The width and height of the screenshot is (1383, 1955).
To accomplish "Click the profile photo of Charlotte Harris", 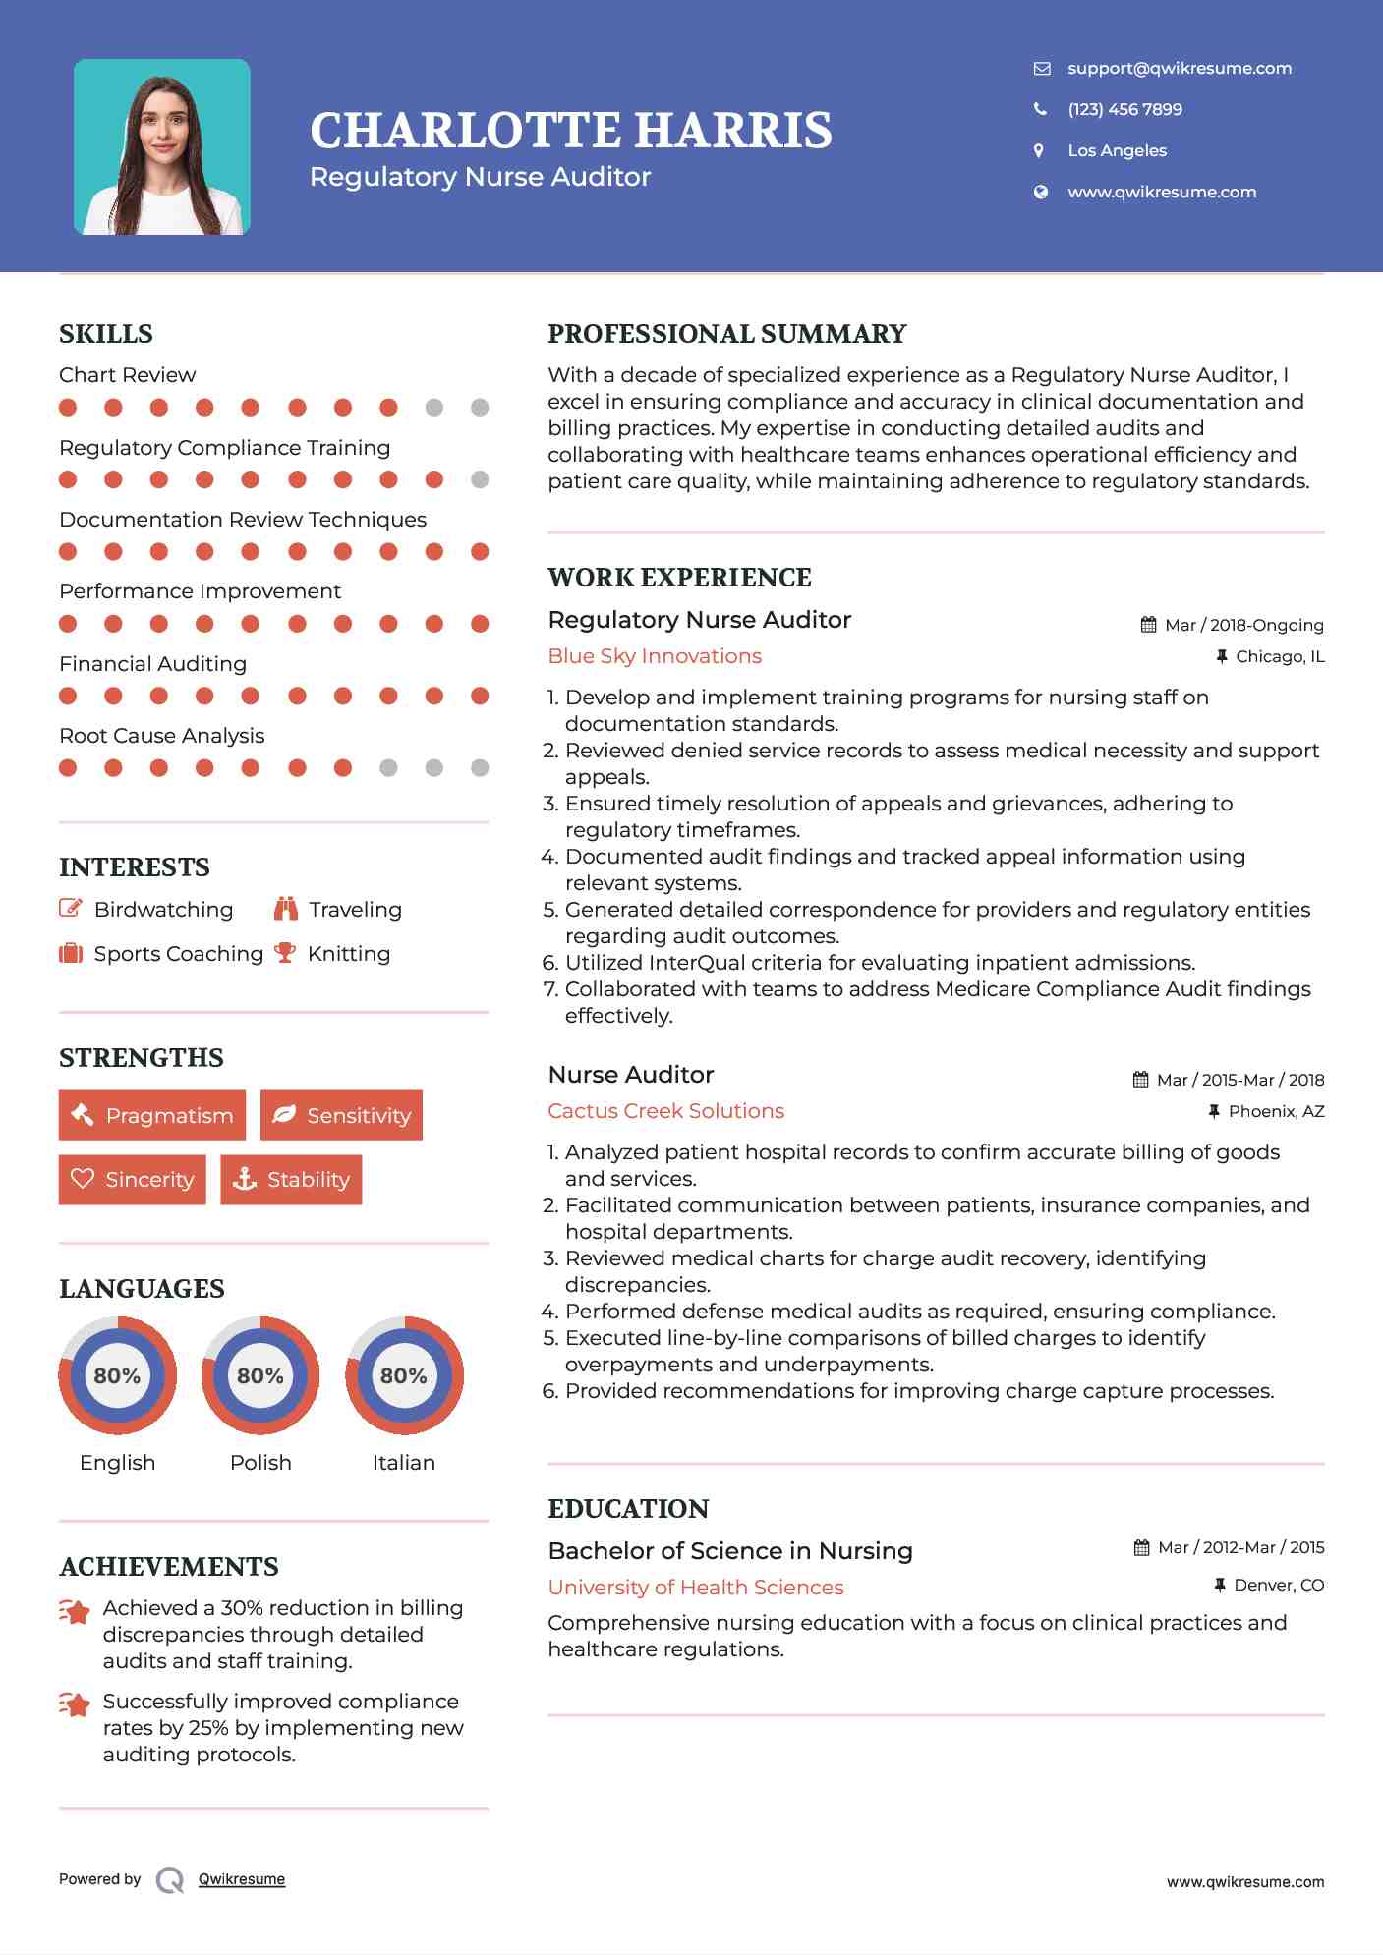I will click(162, 147).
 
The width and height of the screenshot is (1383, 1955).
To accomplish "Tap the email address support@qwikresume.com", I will click(1179, 68).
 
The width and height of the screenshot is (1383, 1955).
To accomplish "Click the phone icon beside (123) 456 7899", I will click(1040, 109).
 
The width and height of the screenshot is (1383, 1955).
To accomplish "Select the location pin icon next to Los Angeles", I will click(1040, 150).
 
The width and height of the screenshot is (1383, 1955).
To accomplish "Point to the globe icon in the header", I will click(1040, 192).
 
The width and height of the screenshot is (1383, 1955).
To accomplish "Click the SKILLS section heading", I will click(106, 334).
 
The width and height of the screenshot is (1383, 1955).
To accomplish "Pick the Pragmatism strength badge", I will click(152, 1115).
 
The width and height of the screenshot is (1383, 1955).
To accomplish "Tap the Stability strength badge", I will click(291, 1179).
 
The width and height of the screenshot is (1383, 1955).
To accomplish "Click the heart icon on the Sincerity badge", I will click(83, 1179).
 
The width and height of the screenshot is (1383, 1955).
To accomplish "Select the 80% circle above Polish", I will click(260, 1375).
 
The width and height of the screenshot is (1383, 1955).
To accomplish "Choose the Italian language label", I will click(403, 1462).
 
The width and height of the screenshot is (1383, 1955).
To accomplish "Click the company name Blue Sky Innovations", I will click(655, 656).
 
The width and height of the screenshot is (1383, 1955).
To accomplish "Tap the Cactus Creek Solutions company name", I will click(665, 1111).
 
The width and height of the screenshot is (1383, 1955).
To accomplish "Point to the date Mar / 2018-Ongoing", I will click(1243, 625).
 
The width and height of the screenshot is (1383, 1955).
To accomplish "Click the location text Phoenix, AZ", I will click(1276, 1111).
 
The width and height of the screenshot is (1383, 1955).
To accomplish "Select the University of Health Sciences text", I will click(696, 1588).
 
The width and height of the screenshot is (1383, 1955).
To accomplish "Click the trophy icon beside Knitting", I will click(285, 953).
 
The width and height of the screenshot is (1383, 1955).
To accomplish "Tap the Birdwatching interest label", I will click(163, 910).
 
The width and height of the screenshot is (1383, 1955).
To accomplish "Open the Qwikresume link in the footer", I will click(242, 1879).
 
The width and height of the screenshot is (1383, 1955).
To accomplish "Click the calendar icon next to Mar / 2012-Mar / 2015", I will click(1141, 1548).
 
